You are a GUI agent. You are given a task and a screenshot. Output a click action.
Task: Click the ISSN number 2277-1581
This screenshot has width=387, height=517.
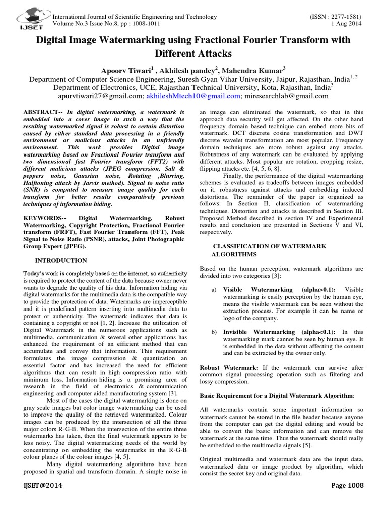click(x=345, y=17)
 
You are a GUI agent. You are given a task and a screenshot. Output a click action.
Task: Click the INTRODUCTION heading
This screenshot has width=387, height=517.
click(x=60, y=260)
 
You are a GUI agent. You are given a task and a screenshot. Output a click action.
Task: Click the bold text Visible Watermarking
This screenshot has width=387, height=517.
click(x=257, y=290)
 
